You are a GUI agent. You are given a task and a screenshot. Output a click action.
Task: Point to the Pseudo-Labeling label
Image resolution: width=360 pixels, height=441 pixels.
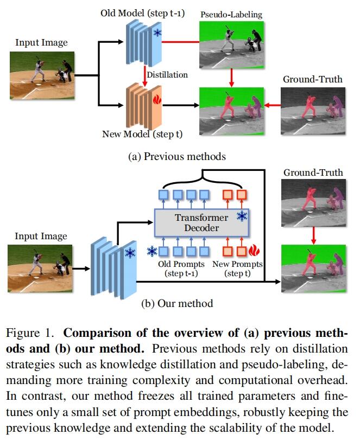pos(232,15)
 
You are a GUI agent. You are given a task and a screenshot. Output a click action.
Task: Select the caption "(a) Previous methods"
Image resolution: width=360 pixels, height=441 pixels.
pos(176,157)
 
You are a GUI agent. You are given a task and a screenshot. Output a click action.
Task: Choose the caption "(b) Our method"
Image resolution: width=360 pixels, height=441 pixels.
pos(177,303)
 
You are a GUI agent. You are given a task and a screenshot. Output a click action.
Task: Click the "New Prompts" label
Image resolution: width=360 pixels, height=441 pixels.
pos(238,264)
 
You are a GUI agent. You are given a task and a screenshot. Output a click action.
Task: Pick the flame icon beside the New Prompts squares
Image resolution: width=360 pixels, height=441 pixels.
pos(254,251)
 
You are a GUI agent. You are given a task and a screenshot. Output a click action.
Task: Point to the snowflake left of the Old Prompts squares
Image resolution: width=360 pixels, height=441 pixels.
pos(152,252)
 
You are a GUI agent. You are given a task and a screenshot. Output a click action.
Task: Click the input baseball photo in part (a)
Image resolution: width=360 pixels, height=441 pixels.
pos(42,75)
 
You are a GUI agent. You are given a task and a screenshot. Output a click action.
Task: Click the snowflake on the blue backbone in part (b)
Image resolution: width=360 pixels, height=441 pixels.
pos(130,253)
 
